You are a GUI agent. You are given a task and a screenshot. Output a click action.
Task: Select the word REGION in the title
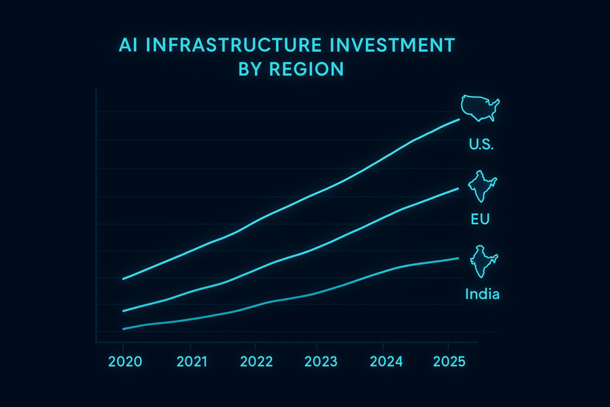point(307,69)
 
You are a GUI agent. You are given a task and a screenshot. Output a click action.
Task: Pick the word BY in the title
point(250,69)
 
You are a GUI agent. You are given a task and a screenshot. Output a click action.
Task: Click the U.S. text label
point(481,144)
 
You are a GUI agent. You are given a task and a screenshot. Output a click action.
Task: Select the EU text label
point(480,219)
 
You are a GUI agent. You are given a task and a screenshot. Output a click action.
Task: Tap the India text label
point(482,294)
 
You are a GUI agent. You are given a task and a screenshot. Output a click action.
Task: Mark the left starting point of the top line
point(123,279)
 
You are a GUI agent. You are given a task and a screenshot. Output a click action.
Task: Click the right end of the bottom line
point(458,258)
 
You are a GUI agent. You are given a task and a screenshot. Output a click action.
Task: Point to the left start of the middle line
point(123,311)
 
